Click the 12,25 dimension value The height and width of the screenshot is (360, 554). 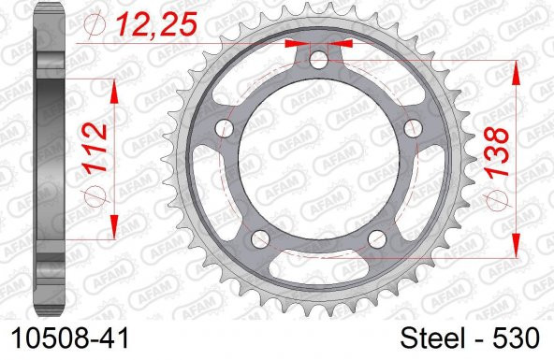157,24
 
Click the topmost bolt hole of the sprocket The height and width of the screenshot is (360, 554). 319,62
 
